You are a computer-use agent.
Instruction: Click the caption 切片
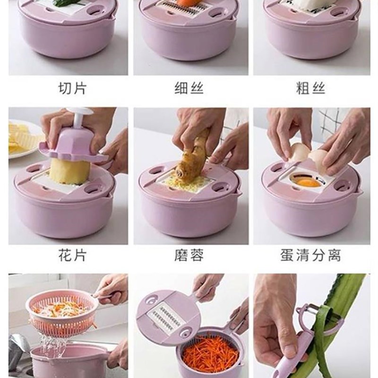click(x=72, y=88)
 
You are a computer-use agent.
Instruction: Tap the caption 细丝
click(x=189, y=88)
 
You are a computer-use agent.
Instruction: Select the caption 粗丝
click(x=310, y=88)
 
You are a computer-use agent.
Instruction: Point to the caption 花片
click(x=72, y=256)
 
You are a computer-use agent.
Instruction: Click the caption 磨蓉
click(x=189, y=256)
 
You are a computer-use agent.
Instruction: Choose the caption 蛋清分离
click(x=310, y=256)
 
